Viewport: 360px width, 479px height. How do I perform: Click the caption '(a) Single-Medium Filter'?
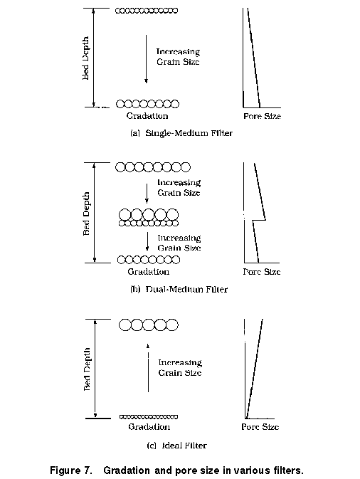pos(181,133)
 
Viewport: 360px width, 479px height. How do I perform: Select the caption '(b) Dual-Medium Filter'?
pos(179,289)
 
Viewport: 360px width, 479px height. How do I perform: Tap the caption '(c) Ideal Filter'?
pos(176,446)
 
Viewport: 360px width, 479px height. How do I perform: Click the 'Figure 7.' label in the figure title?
pos(71,470)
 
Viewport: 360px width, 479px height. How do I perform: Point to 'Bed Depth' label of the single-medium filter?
pos(86,58)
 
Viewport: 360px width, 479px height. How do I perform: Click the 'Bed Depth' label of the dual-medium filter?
pos(86,214)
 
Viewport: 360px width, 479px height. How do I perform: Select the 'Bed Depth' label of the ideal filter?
pos(87,369)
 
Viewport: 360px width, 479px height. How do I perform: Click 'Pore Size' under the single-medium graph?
pos(262,116)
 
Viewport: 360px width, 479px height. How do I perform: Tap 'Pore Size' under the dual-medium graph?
pos(262,272)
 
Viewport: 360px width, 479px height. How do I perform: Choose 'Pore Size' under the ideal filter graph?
pos(260,427)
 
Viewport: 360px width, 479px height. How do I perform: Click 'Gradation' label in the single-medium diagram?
pos(147,116)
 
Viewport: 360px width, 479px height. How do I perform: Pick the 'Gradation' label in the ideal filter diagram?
pos(149,427)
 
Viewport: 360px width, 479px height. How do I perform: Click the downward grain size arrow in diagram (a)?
pos(147,59)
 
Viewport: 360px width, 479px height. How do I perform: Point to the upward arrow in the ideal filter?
pos(149,368)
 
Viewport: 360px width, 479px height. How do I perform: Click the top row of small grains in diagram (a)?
pos(147,11)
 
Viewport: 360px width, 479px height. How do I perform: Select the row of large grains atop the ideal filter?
pos(149,325)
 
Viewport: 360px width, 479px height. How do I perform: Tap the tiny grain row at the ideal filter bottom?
pos(149,416)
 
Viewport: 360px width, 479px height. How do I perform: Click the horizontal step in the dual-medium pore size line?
pos(259,220)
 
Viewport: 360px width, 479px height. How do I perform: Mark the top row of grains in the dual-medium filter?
pos(153,167)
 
